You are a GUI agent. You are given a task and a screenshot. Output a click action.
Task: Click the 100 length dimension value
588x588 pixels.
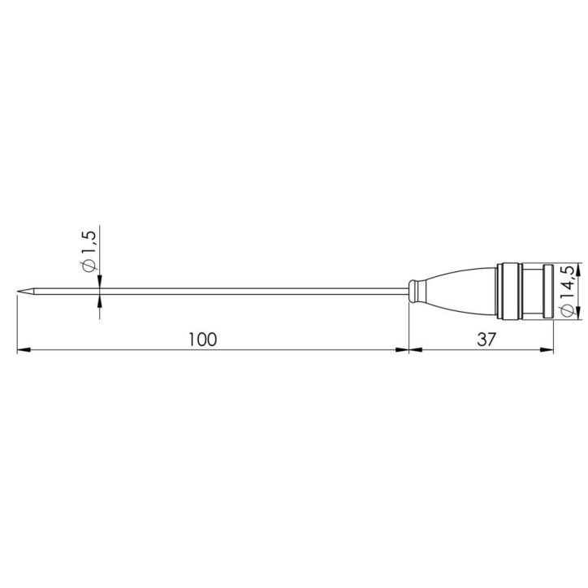tap(202, 339)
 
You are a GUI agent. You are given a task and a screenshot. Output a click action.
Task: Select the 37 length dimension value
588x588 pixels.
tap(486, 339)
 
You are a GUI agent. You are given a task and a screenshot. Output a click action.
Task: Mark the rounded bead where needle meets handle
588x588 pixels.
tap(416, 291)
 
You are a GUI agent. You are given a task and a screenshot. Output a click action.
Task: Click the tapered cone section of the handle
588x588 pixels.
tap(459, 291)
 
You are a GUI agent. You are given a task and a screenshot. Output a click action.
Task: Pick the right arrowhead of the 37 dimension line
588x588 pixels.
tap(547, 351)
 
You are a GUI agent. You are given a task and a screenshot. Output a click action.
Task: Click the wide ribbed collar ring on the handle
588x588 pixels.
tap(510, 291)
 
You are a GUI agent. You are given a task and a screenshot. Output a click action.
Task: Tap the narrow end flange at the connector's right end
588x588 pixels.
tap(549, 291)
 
